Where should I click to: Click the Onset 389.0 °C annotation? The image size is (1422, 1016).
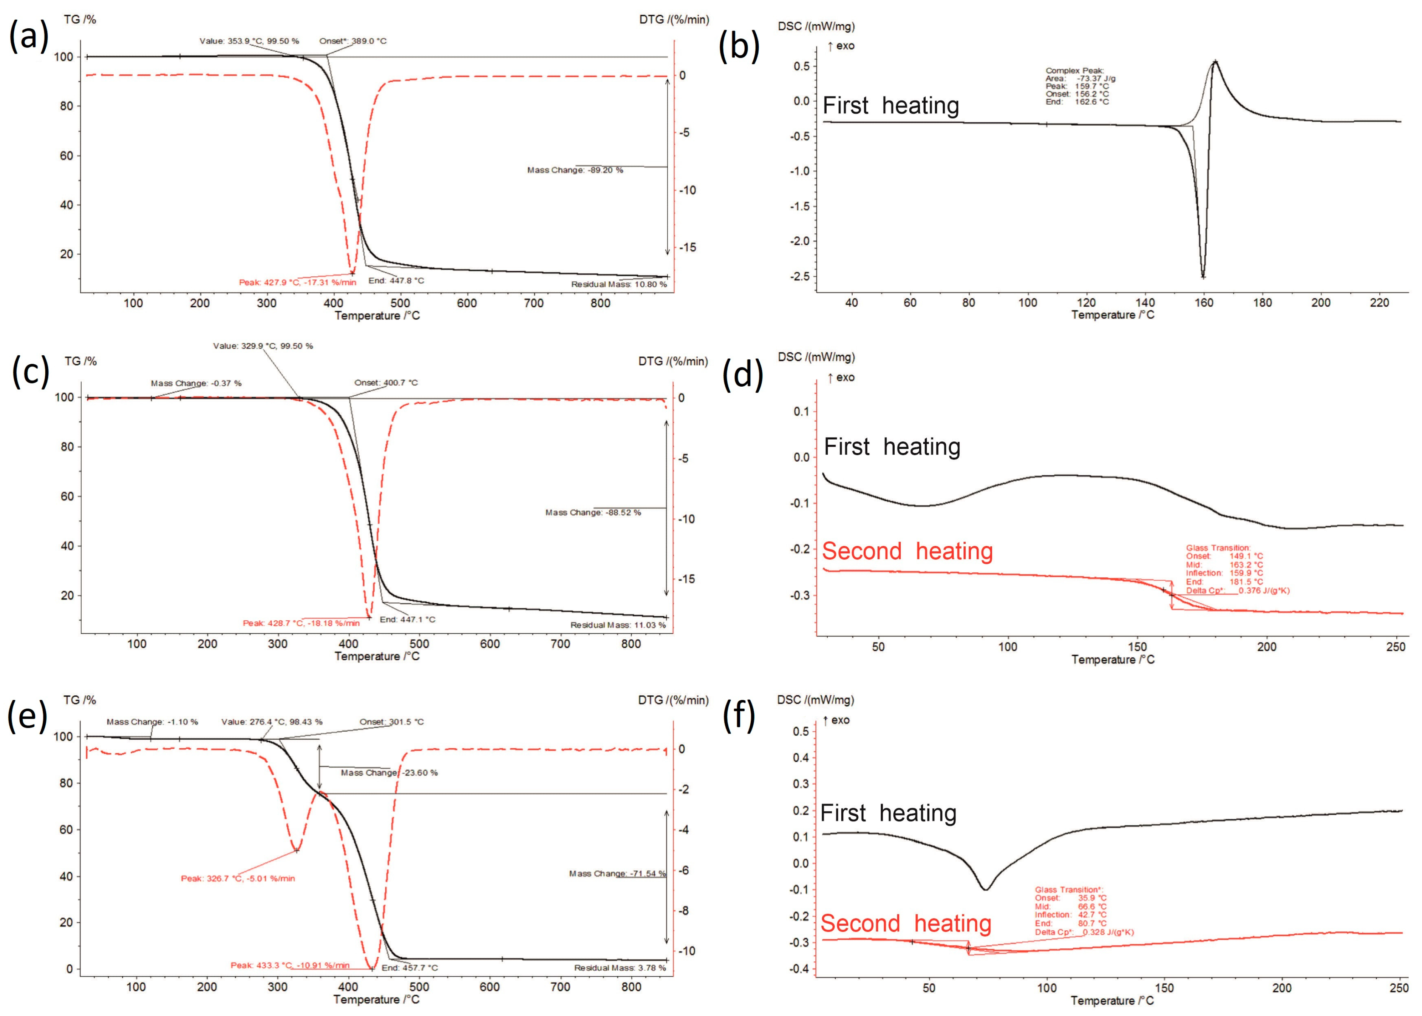point(352,41)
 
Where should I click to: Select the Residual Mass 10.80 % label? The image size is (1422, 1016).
point(618,284)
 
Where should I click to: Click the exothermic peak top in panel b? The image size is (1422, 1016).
point(1215,62)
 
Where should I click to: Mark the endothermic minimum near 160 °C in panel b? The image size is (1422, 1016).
point(1203,276)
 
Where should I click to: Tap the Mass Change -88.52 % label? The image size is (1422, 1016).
point(593,512)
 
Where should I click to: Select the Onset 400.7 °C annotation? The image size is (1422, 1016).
point(386,382)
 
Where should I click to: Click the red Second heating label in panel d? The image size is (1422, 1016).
point(907,551)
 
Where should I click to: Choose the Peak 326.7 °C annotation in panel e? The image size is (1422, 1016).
point(238,878)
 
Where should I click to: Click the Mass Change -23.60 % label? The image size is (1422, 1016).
point(389,772)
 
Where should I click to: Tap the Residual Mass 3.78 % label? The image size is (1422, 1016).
point(620,968)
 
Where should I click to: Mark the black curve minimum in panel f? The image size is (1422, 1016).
point(985,889)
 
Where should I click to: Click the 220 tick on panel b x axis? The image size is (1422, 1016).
point(1379,303)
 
